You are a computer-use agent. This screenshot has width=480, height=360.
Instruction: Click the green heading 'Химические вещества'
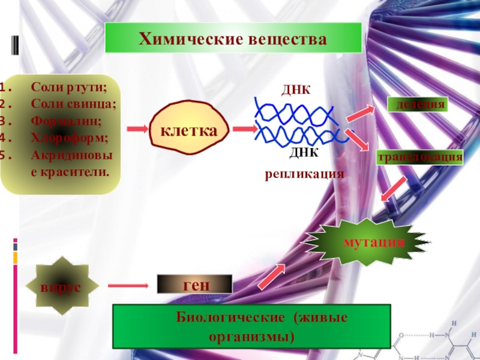point(233,40)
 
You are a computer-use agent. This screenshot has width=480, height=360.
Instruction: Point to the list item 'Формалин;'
point(66,121)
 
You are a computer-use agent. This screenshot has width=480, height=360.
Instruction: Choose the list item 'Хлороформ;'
point(70,137)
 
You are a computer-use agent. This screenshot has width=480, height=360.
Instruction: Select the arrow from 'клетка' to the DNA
point(243,129)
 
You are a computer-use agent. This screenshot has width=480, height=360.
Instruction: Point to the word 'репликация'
point(305,175)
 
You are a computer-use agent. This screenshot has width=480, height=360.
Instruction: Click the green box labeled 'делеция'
point(419,104)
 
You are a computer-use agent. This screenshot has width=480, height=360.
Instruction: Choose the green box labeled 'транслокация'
point(420,158)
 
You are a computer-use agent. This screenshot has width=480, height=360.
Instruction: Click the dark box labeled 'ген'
point(194,284)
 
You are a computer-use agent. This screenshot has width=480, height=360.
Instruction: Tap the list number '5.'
point(7,154)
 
